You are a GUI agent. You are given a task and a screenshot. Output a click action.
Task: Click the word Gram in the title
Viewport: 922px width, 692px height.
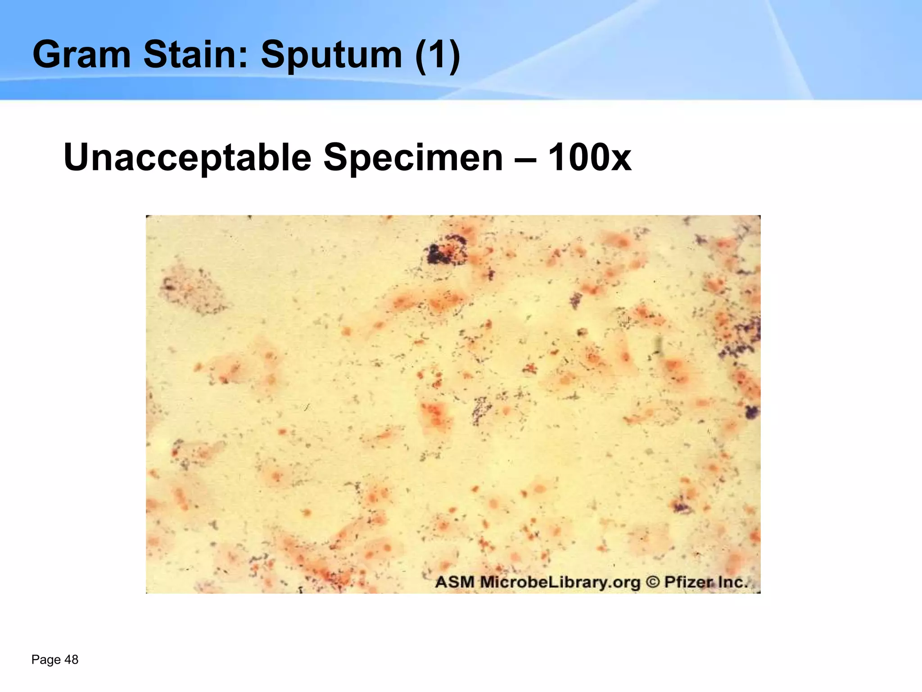[x=81, y=55]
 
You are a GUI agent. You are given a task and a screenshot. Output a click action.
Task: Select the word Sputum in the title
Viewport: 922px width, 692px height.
[x=331, y=55]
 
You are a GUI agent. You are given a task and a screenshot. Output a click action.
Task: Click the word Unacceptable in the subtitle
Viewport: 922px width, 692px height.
[x=187, y=157]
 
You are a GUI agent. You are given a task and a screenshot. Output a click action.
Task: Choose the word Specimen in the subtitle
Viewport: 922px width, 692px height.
[x=413, y=157]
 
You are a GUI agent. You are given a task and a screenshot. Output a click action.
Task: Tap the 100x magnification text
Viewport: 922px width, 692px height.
[x=590, y=157]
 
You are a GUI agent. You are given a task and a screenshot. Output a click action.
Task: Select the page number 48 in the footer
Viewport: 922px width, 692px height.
[x=72, y=660]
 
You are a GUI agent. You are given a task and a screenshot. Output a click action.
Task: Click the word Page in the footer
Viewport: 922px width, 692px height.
[x=46, y=660]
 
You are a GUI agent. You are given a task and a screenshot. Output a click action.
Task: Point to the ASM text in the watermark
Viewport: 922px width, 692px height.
[x=455, y=582]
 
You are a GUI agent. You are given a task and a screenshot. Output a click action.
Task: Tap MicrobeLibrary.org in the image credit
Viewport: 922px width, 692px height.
[x=560, y=582]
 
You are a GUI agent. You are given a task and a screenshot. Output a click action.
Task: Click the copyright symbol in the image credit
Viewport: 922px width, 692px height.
[x=652, y=582]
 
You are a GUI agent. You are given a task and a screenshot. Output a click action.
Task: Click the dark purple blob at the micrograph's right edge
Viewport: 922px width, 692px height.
[x=751, y=411]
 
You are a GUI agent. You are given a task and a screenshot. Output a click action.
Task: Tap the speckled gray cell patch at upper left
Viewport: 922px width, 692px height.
[x=191, y=288]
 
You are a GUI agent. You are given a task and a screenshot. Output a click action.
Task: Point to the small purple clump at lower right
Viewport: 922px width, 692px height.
[x=681, y=506]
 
